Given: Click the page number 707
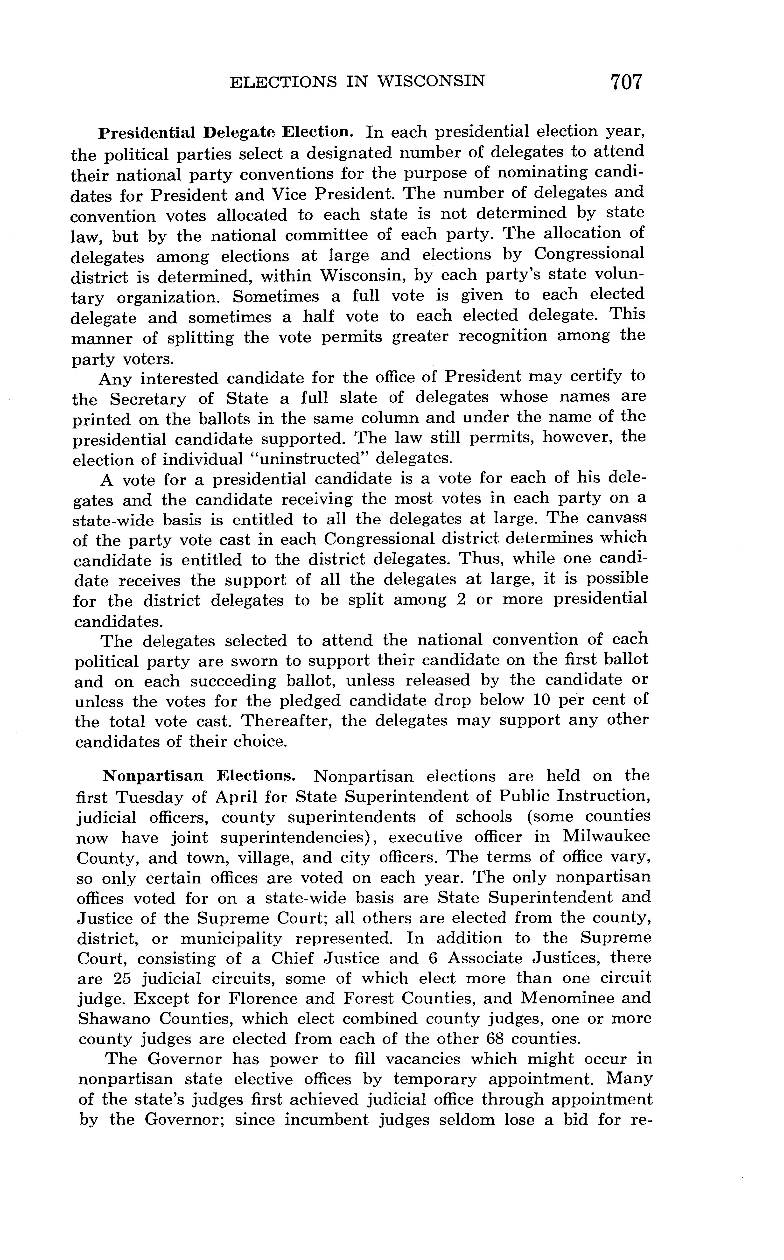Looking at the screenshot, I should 626,82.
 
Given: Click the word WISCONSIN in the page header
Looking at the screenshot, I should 432,81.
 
